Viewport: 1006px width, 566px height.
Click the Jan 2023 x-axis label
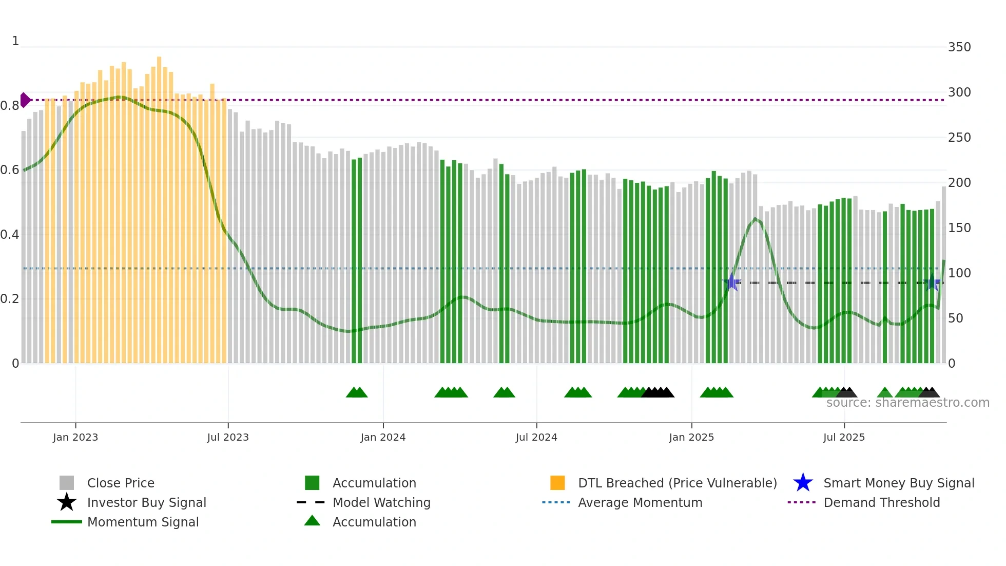point(75,437)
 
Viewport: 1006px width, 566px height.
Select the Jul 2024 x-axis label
point(536,437)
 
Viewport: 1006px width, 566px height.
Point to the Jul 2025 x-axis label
point(844,437)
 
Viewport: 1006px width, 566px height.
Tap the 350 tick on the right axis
point(959,47)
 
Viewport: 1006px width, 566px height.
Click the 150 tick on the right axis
point(959,228)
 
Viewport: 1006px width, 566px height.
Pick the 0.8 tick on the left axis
point(10,106)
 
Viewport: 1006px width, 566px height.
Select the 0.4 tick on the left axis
point(10,235)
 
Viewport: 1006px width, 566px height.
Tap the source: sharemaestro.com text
point(907,403)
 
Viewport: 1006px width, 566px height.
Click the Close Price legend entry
point(121,483)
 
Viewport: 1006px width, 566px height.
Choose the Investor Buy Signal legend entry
point(146,503)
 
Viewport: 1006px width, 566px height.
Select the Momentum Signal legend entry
point(143,522)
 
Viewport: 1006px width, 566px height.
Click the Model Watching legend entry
point(381,503)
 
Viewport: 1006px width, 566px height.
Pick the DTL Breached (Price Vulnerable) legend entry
point(677,483)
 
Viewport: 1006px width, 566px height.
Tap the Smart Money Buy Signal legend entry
point(898,483)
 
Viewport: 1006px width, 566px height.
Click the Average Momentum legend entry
point(640,503)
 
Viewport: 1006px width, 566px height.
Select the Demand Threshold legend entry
point(881,503)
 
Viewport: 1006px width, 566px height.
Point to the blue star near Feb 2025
point(732,282)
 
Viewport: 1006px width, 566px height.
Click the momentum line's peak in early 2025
point(755,219)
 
